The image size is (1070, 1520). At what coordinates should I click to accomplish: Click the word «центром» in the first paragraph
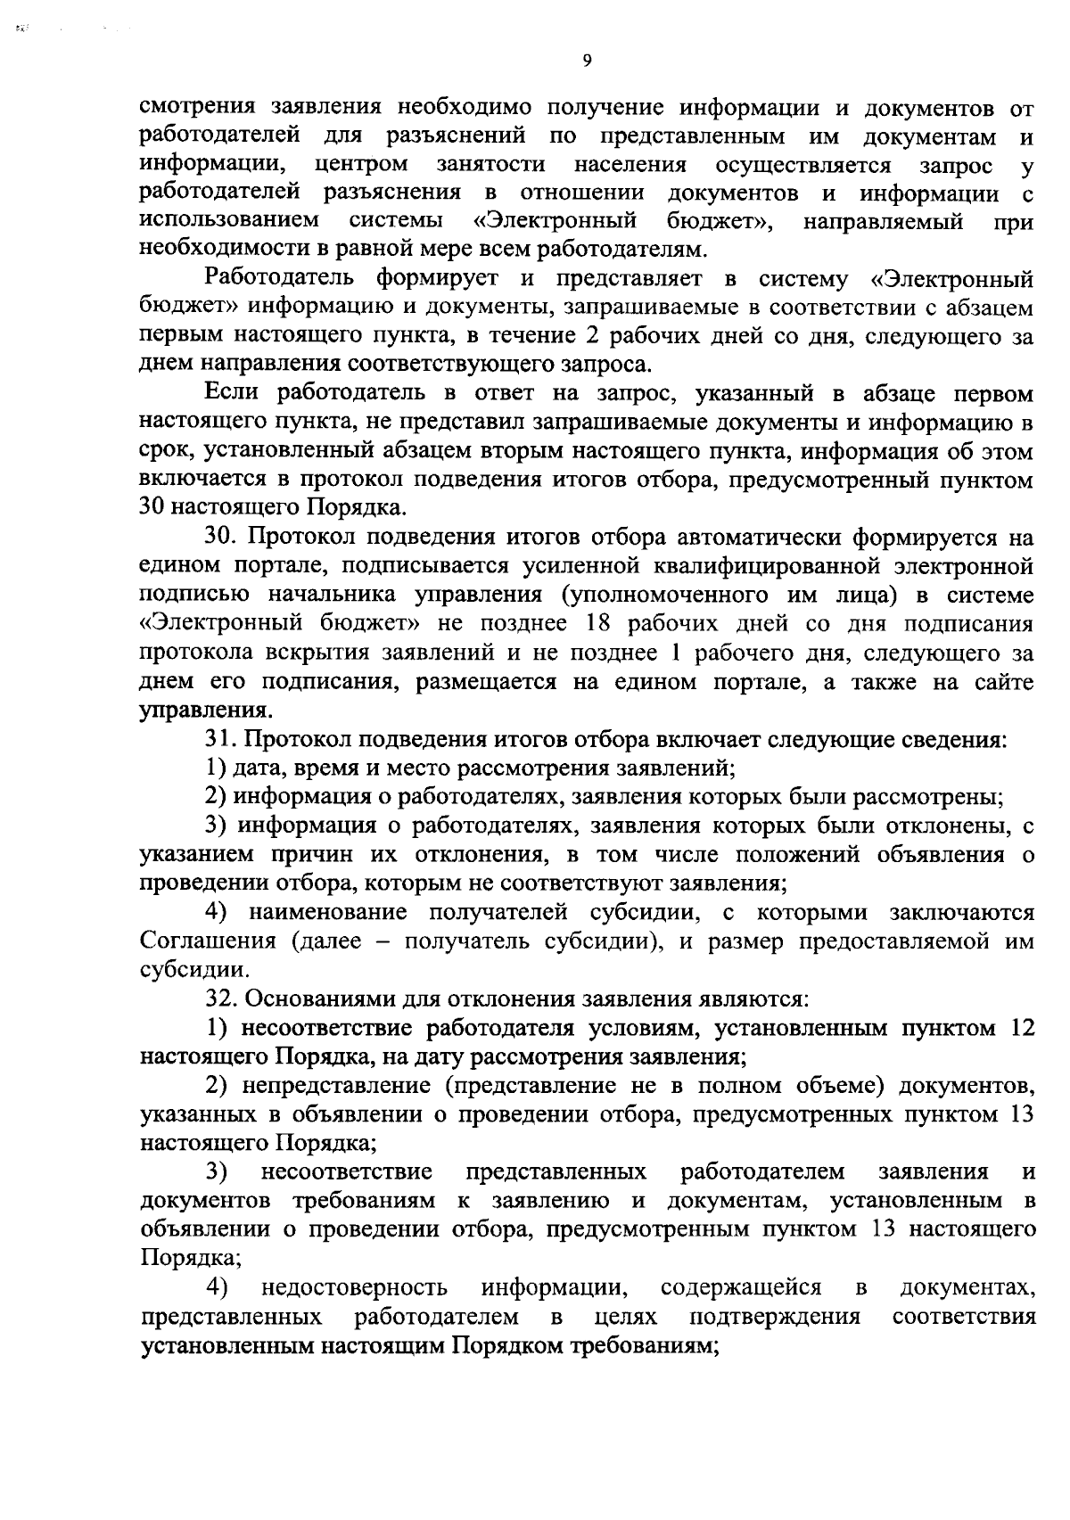point(361,165)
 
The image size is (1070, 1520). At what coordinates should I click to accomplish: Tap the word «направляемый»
point(882,221)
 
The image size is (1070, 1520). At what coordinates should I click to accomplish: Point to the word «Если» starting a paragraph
point(233,393)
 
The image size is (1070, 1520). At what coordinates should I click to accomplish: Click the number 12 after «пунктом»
point(1023,1028)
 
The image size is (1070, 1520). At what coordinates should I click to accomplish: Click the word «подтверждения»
point(775,1317)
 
